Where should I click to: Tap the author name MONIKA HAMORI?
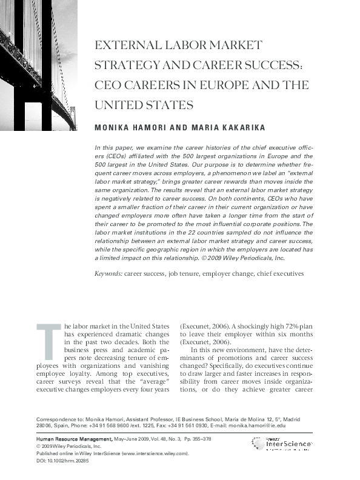[x=129, y=128]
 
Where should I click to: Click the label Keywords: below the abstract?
[x=108, y=274]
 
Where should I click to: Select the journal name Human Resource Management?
[x=74, y=438]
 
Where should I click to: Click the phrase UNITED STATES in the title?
[x=143, y=104]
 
